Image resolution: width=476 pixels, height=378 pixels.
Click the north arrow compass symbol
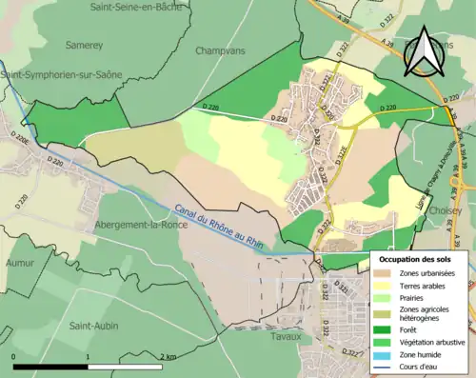click(422, 52)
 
